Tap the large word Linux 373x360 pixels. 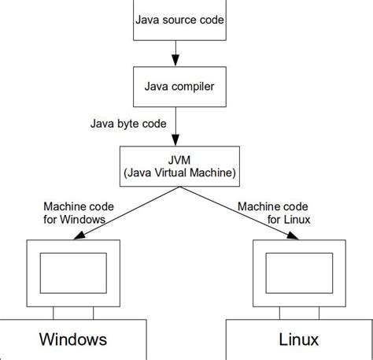(x=298, y=340)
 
